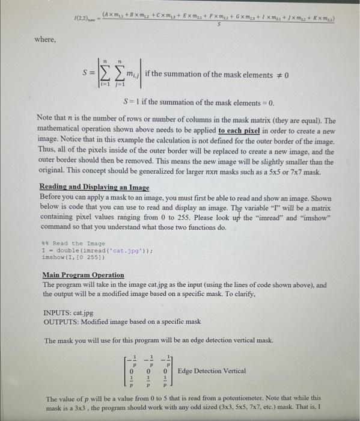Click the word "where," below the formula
coord(46,40)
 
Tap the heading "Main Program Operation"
coord(84,275)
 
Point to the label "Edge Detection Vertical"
coord(212,371)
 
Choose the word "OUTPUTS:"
coord(63,322)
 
